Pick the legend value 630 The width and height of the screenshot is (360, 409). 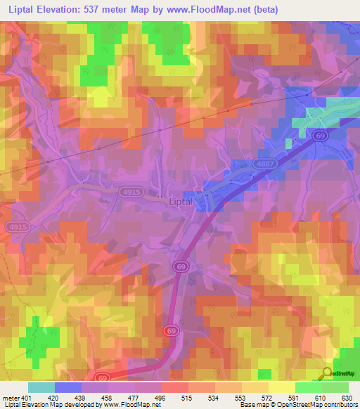[346, 397]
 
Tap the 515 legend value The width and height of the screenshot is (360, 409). [187, 397]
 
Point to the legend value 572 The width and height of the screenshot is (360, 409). [266, 397]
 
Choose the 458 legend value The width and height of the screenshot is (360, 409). [107, 397]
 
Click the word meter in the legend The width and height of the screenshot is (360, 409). [11, 397]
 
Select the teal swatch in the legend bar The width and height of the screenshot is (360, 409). [41, 387]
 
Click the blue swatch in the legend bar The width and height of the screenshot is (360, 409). [68, 387]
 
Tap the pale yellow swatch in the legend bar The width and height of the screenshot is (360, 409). [282, 387]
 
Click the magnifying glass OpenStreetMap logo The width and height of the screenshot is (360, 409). [327, 374]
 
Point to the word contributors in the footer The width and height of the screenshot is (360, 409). [336, 405]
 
